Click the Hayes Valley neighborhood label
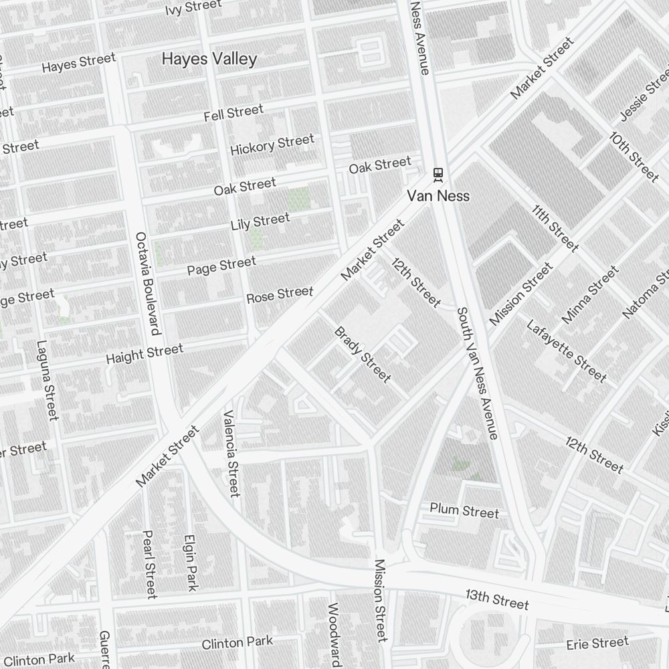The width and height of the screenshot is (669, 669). pyautogui.click(x=209, y=59)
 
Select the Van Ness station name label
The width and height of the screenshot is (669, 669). pyautogui.click(x=438, y=196)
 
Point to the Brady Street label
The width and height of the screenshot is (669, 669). pyautogui.click(x=362, y=355)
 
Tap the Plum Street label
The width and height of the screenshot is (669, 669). pyautogui.click(x=464, y=511)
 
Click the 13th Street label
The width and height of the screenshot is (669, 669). pyautogui.click(x=497, y=599)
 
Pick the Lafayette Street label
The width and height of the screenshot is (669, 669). pyautogui.click(x=566, y=352)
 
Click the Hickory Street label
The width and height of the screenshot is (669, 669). pyautogui.click(x=272, y=145)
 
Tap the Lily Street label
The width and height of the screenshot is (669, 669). pyautogui.click(x=260, y=221)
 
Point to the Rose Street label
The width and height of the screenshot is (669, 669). pyautogui.click(x=280, y=294)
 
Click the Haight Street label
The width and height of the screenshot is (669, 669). pyautogui.click(x=144, y=354)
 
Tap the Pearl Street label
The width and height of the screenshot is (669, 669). pyautogui.click(x=149, y=564)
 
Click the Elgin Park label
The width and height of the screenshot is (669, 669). pyautogui.click(x=191, y=562)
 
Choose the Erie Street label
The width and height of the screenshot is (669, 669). pyautogui.click(x=597, y=644)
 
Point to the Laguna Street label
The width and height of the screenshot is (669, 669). pyautogui.click(x=47, y=381)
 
